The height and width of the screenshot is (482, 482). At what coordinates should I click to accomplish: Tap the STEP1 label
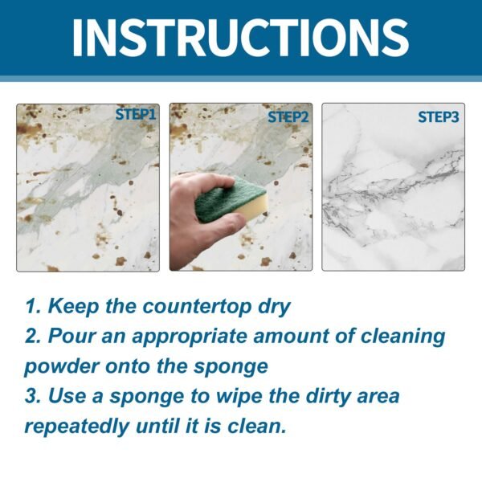pyautogui.click(x=135, y=114)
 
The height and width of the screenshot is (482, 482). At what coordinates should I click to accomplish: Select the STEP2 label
pyautogui.click(x=288, y=116)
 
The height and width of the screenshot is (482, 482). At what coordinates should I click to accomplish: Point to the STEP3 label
pyautogui.click(x=438, y=117)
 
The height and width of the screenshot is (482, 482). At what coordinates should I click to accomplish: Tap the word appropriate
pyautogui.click(x=194, y=337)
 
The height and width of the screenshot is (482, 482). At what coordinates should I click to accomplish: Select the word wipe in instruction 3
pyautogui.click(x=242, y=396)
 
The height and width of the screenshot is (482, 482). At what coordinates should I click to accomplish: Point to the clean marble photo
pyautogui.click(x=393, y=193)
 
